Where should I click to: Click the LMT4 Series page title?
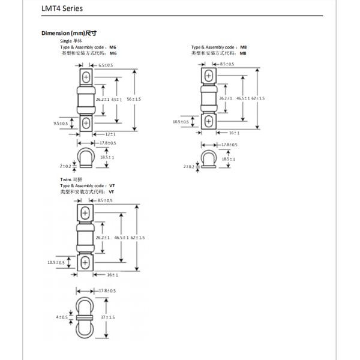(58, 9)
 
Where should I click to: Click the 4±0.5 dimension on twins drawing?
(62, 316)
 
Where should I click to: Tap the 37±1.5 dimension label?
(107, 316)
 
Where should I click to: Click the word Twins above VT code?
(65, 179)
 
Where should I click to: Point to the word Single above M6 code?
(65, 41)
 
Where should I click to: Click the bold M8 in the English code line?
(243, 47)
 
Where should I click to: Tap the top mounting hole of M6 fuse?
(86, 77)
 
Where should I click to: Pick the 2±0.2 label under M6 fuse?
(65, 165)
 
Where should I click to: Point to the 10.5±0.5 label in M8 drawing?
(181, 121)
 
